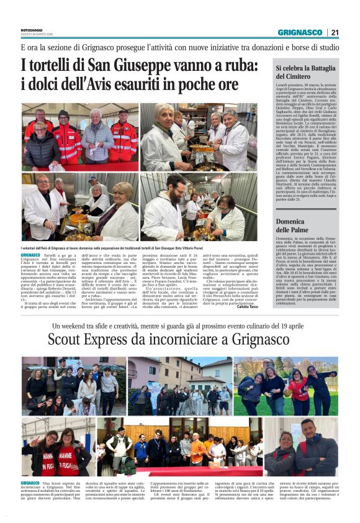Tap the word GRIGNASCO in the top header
pos(300,32)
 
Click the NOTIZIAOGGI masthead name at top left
pos(33,29)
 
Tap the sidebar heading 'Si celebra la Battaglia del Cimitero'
pos(305,73)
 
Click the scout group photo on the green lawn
pos(286,385)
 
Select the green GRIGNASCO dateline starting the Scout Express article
pos(30,483)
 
